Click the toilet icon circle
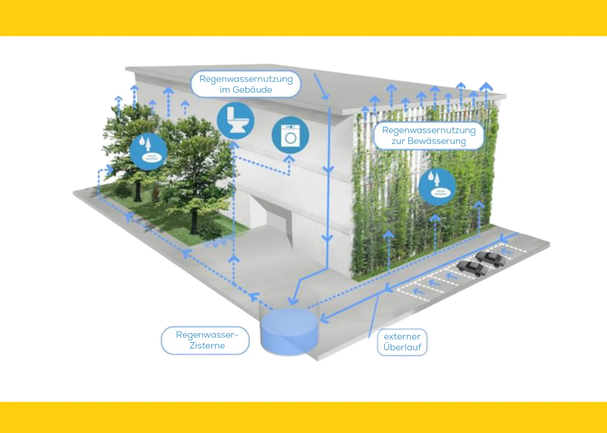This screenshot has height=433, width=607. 235,120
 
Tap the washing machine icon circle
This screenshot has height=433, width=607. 290,135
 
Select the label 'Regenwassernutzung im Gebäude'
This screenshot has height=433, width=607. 246,84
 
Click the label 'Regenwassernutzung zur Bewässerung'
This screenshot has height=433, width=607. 429,136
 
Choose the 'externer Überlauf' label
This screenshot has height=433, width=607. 402,342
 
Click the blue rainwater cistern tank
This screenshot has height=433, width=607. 289,331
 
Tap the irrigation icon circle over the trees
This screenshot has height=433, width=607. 148,151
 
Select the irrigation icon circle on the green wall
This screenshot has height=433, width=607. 437,187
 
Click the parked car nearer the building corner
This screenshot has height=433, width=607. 472,268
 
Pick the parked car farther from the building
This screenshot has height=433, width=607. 491,259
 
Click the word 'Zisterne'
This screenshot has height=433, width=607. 207,345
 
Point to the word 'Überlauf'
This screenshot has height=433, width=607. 402,347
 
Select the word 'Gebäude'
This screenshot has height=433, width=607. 252,90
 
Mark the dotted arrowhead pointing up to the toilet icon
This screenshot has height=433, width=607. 234,145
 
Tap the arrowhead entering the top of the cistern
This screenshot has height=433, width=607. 292,301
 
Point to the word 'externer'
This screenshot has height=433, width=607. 402,336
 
